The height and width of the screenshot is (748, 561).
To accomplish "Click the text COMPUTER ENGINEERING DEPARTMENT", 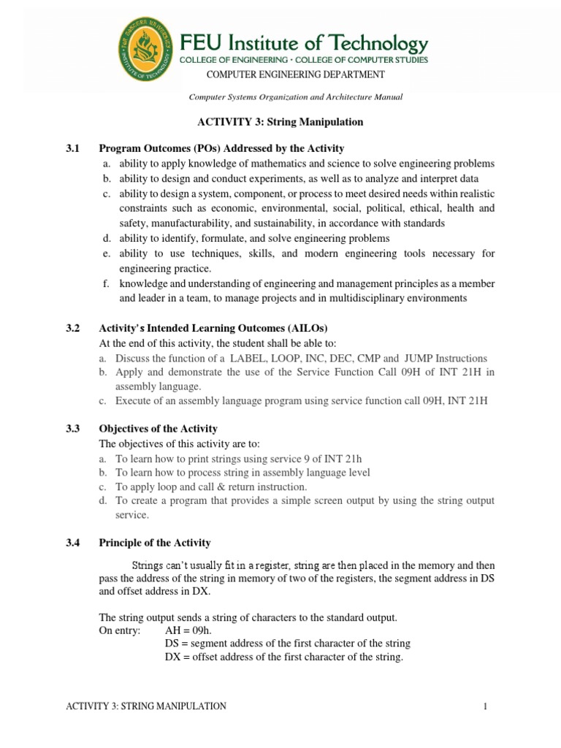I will pos(295,75).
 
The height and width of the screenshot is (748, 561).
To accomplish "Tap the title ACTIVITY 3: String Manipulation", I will pos(280,122).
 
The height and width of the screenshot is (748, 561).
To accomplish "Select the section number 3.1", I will pos(74,148).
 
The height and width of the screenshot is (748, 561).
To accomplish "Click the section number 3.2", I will pos(74,329).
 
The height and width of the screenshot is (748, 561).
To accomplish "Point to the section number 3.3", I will pos(74,429).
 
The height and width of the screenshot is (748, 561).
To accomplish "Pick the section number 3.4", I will pos(74,543).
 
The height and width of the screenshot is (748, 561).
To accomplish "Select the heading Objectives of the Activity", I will pos(158,429).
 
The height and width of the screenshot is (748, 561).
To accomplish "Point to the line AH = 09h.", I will pos(189,630).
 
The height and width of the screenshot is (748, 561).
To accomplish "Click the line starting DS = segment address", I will pos(288,644).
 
